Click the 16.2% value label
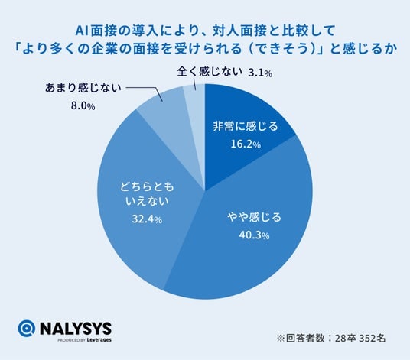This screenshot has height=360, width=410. coord(246,144)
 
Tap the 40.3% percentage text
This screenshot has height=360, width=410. coord(254,235)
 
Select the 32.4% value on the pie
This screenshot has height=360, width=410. coord(147,219)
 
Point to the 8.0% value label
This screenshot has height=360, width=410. coord(83,106)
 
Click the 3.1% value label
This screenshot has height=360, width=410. coord(260,73)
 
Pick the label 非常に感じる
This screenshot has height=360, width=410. coord(246,126)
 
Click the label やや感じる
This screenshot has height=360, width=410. coord(254,217)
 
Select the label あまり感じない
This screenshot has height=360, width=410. coord(83,88)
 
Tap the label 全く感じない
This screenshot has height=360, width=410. coord(208,72)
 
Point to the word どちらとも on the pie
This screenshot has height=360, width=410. coord(147,187)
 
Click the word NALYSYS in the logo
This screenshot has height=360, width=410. coord(76,329)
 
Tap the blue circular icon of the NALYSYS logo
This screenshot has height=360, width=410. coord(27,328)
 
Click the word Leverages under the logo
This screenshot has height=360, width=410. coord(99,340)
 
